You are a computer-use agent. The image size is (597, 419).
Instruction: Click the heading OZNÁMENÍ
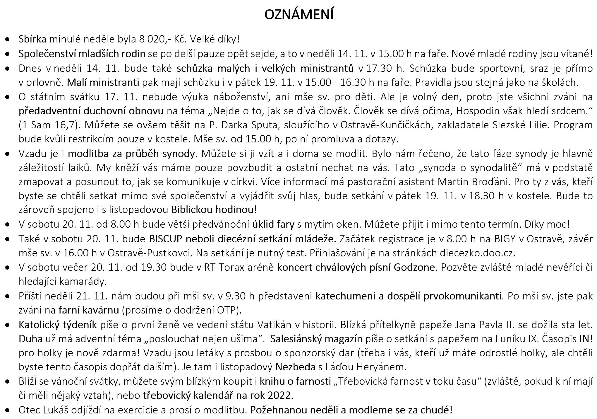(299, 15)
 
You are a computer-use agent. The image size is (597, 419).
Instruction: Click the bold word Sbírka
(32, 39)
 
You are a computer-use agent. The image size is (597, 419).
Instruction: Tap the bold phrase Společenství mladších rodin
(82, 54)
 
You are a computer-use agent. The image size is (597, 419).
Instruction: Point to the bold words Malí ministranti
(103, 83)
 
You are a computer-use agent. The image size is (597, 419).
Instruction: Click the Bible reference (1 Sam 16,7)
(48, 125)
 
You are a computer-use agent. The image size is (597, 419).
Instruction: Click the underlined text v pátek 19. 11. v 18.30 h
(447, 196)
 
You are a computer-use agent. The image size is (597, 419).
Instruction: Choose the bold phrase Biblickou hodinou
(213, 210)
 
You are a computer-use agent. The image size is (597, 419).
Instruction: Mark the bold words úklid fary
(273, 224)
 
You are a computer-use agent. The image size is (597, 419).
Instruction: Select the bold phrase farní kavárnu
(89, 310)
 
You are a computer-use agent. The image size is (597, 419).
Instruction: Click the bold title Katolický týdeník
(58, 325)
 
